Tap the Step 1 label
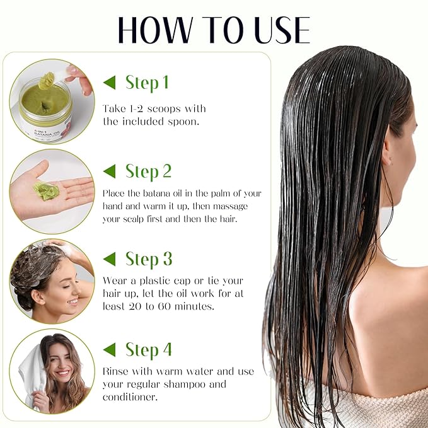(x=147, y=83)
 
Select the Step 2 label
(x=148, y=171)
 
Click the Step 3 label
(x=148, y=259)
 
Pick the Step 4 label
(x=148, y=349)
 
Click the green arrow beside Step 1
(x=110, y=83)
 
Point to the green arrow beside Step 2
(x=110, y=171)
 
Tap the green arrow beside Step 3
(x=110, y=259)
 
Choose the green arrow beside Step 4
(x=110, y=349)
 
